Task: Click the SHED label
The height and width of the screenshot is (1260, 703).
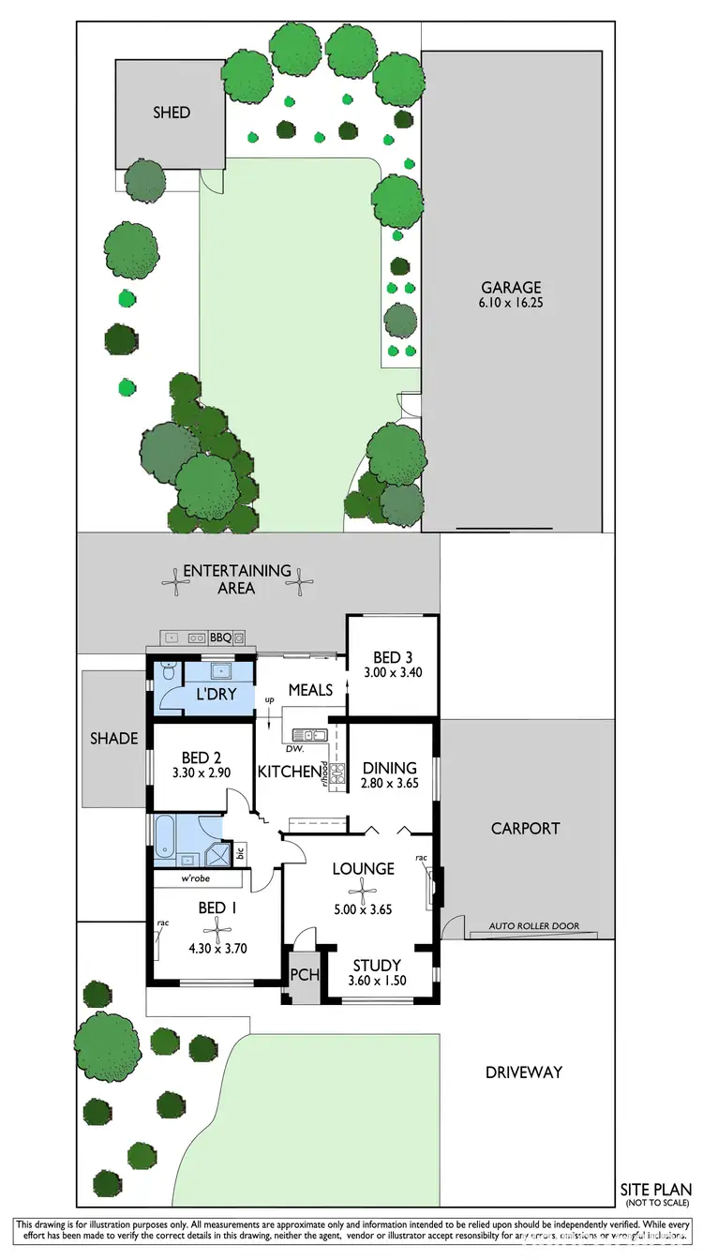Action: (x=172, y=112)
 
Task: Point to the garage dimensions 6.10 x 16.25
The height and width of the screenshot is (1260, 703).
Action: (x=512, y=305)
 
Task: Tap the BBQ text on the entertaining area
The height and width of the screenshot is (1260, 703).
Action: (x=220, y=637)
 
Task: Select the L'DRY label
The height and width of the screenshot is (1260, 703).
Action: (x=214, y=697)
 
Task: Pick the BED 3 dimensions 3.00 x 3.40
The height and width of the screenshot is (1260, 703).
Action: (x=392, y=671)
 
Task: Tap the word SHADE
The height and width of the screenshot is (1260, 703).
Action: (x=114, y=738)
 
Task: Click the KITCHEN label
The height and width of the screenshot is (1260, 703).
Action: (x=289, y=772)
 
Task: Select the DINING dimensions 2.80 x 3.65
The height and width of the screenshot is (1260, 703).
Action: (x=389, y=785)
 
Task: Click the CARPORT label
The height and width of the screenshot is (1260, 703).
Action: (x=525, y=829)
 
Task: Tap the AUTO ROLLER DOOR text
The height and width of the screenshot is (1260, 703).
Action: (x=534, y=926)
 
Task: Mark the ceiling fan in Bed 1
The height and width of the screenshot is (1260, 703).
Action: (x=217, y=931)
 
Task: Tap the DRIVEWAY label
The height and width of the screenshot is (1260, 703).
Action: (x=523, y=1072)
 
